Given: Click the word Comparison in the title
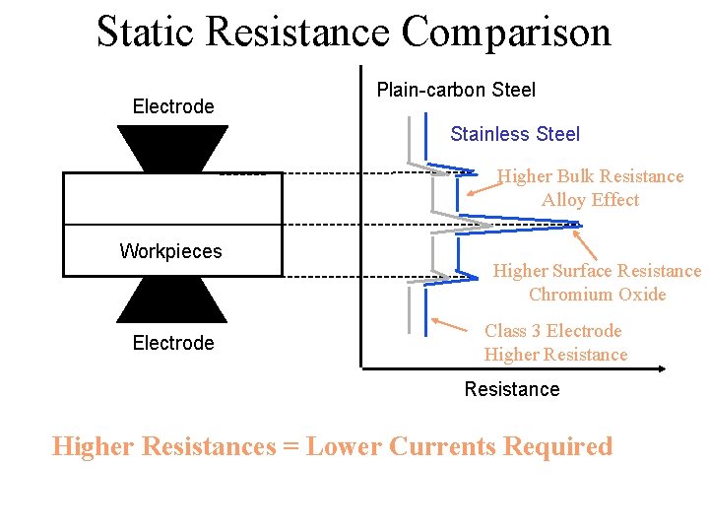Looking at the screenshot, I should pos(506,32).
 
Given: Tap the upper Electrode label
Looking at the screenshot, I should pos(173,106).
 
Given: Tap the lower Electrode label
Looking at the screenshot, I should pos(173,343).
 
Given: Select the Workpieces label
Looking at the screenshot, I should pos(170,251).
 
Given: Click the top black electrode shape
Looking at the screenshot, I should pos(172,148).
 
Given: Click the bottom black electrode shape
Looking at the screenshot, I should pos(172,299).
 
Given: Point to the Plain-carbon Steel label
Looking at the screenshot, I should pos(456,90).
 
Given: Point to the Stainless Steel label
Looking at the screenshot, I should pos(515,134).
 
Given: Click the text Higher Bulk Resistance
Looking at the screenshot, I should pos(590,176).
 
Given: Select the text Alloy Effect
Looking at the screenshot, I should pos(590,200).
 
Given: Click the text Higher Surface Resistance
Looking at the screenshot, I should pos(597,271).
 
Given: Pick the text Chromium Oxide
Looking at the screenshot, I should pos(597,295).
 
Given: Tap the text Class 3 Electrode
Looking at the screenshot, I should pos(553,331).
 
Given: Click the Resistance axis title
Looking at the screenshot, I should pos(512,389).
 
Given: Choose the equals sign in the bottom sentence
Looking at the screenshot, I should pos(290,446).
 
